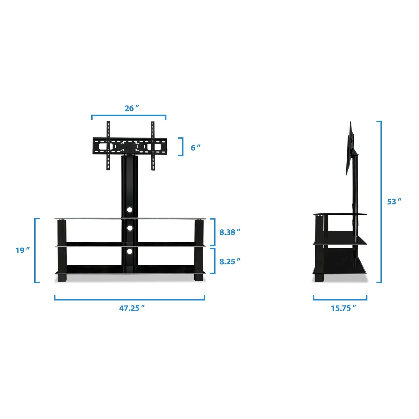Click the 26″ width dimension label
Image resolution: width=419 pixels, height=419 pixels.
[132, 108]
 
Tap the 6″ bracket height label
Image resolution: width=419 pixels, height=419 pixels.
[195, 147]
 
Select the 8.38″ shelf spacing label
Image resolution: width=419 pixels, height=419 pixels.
[230, 232]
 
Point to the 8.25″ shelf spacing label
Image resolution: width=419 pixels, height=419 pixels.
[230, 261]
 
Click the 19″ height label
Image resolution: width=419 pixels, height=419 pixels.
[22, 250]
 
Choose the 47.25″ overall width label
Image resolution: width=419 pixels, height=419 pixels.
[132, 308]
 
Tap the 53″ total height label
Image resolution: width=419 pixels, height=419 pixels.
[394, 201]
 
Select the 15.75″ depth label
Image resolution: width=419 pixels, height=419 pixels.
[344, 308]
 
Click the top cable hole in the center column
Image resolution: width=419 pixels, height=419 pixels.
[130, 209]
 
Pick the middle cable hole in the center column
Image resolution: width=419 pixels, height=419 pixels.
[130, 228]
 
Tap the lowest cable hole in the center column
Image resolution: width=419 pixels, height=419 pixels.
[130, 251]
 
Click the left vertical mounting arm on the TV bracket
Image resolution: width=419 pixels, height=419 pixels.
[108, 145]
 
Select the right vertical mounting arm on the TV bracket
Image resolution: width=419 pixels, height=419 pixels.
[153, 145]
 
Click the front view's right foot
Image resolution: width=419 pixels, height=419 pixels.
[199, 277]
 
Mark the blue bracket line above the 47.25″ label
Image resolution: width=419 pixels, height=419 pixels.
[130, 300]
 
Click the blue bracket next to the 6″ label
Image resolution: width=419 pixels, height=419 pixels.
[182, 147]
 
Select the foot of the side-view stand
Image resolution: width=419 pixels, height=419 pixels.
[319, 278]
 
